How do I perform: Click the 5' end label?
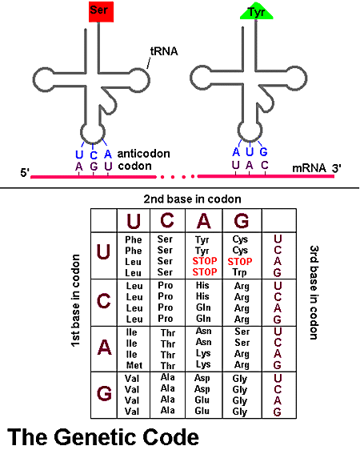[24, 171]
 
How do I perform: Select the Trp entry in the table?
[241, 273]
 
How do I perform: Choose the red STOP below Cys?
[241, 262]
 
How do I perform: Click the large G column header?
[241, 219]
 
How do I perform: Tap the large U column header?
[133, 219]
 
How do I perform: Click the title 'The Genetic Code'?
[103, 437]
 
